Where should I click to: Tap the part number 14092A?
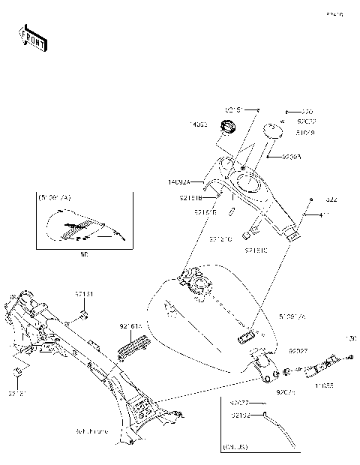pos(179,181)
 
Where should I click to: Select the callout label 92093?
pos(292,157)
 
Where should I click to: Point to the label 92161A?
pos(130,327)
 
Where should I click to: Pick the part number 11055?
pos(324,385)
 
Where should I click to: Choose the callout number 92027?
pos(299,351)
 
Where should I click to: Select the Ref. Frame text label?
pos(113,432)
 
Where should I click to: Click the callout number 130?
pos(351,338)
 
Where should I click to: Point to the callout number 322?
pos(331,199)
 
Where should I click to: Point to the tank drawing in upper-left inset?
pos(82,228)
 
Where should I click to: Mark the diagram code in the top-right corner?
pos(334,13)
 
